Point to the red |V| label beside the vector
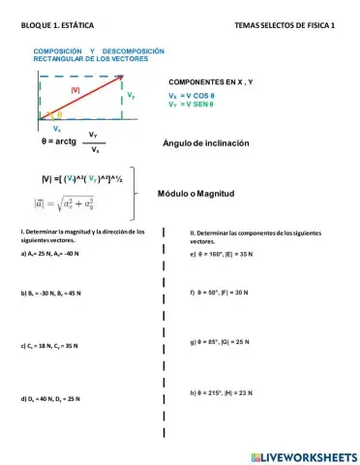coord(75,90)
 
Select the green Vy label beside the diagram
coord(131,96)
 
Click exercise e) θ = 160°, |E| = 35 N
coord(222,254)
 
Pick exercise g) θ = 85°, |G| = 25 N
coord(222,341)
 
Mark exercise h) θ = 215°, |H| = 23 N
coord(222,392)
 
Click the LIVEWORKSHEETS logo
coord(303,455)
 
